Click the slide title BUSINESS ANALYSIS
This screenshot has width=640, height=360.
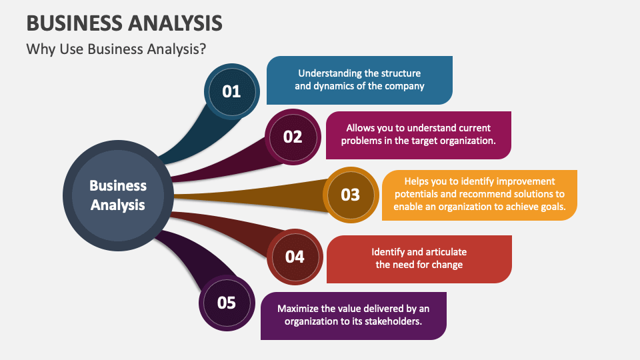tap(125, 22)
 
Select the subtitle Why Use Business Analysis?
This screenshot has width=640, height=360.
tap(116, 50)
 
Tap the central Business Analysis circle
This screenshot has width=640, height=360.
tap(118, 195)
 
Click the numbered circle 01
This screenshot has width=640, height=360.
tap(231, 91)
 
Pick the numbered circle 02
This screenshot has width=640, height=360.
tap(293, 137)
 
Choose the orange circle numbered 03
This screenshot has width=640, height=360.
tap(350, 195)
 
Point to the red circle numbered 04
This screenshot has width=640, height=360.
tap(294, 257)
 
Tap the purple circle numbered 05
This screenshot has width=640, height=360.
tap(227, 303)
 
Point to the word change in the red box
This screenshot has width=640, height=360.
tap(447, 265)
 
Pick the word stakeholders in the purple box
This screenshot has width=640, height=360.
tap(392, 321)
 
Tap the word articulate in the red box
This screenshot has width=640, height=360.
tap(446, 252)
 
